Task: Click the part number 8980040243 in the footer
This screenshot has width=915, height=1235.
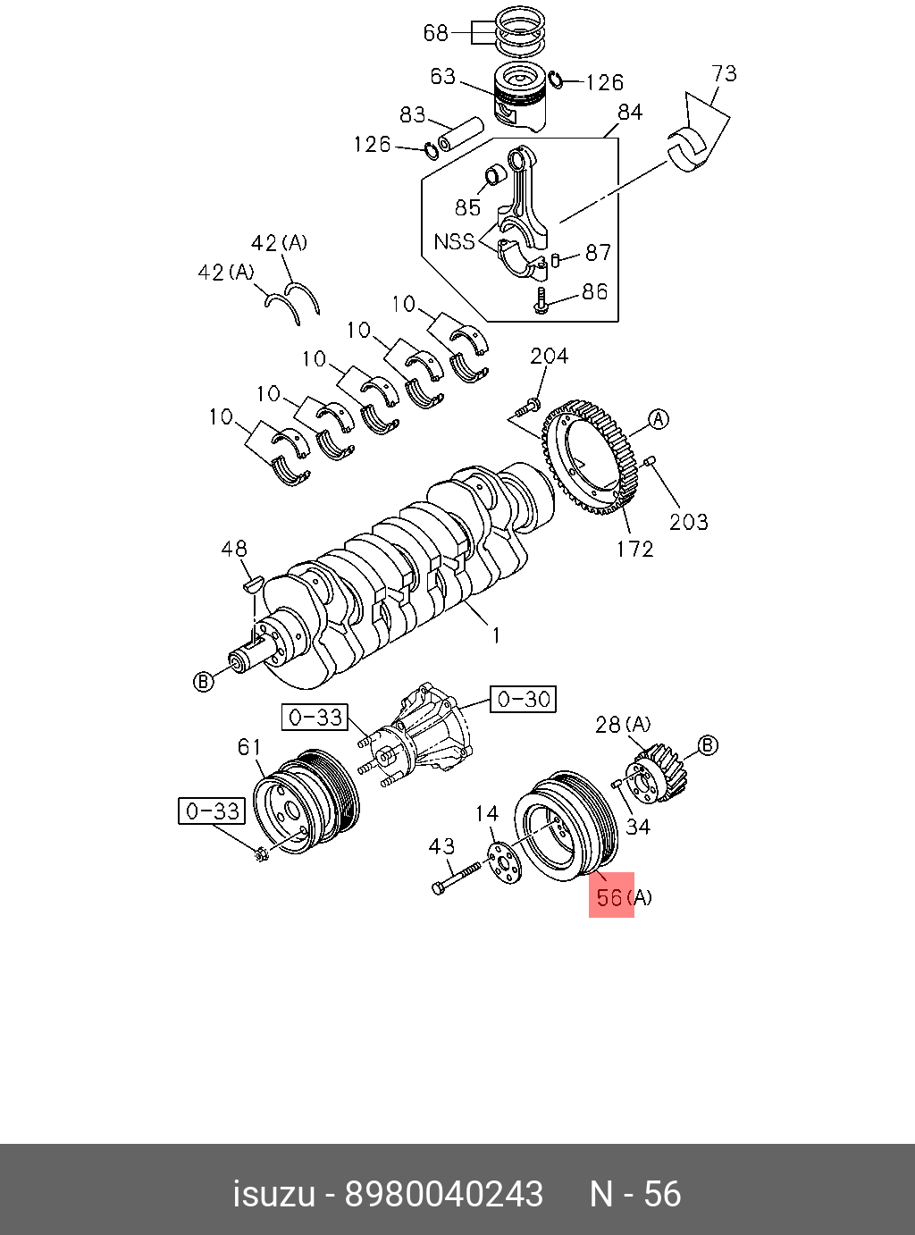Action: tap(444, 1194)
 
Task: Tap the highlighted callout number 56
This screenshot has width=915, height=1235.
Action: tap(610, 896)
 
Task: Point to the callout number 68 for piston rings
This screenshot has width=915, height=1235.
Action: tap(435, 33)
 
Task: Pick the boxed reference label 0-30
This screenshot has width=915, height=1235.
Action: tap(523, 699)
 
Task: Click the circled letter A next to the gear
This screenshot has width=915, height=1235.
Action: tap(659, 419)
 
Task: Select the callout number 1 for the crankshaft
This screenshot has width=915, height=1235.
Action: tap(496, 635)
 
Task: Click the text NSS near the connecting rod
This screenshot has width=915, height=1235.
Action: tap(454, 241)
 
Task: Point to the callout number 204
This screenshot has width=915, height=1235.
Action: tap(549, 357)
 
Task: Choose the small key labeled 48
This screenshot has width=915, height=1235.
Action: tap(251, 585)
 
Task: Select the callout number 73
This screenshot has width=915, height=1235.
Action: tap(725, 73)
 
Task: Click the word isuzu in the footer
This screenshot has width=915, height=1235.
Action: tap(273, 1194)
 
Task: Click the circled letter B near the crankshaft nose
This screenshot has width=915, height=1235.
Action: tap(204, 682)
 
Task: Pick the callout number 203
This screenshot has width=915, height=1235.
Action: tap(688, 521)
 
